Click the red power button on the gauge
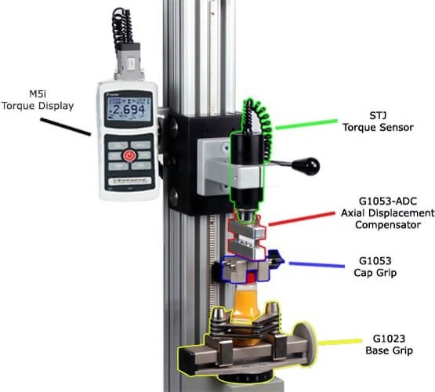129,156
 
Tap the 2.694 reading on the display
128,110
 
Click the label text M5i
38,94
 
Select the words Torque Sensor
378,127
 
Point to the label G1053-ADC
387,201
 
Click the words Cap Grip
375,273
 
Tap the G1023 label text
389,339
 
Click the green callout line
306,125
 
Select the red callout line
302,219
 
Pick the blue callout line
317,265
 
